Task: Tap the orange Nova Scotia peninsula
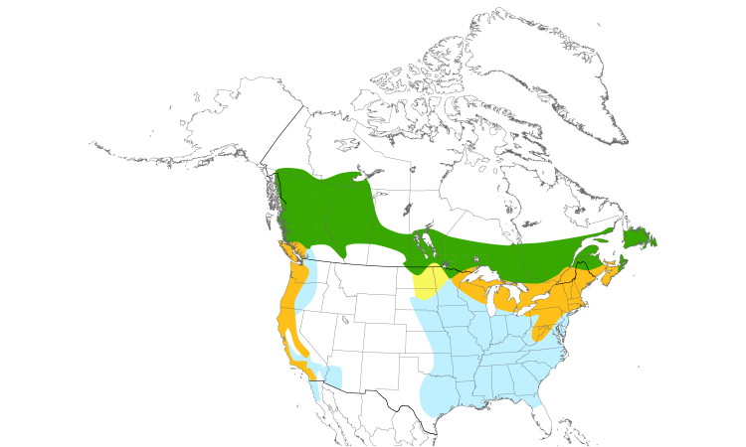(613, 266)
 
